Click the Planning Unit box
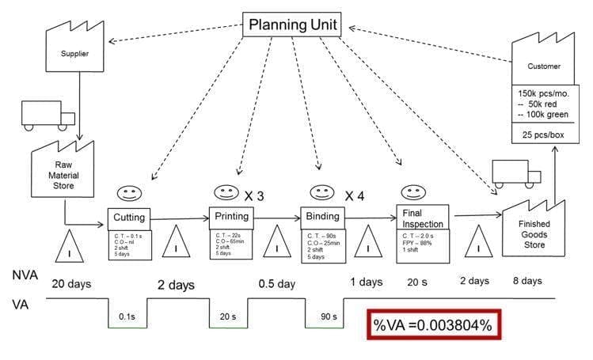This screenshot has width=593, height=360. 293,25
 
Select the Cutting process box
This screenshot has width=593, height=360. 129,217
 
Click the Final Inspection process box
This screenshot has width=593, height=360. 422,217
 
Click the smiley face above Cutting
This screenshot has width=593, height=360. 128,194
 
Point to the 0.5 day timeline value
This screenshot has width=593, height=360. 277,282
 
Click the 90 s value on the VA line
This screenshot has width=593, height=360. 326,316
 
